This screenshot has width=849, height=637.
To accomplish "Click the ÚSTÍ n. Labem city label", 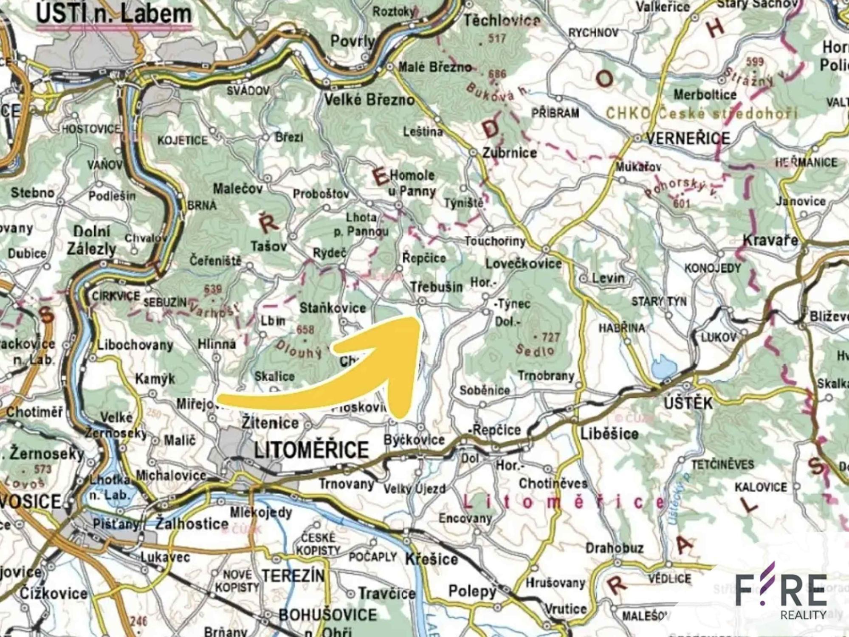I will point(113,14).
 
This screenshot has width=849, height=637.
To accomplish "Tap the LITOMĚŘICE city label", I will point(311,450).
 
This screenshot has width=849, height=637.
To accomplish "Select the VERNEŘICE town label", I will point(688,138).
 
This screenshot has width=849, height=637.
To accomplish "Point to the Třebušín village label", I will point(437,287).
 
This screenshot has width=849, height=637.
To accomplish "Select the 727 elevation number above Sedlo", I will point(550,338).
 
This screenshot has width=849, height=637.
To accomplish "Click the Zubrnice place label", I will point(509,153).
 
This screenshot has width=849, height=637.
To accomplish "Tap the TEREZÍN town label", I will point(293,576).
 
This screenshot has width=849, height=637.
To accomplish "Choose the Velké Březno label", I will point(369,100).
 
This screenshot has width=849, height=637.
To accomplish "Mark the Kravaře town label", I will point(770,240).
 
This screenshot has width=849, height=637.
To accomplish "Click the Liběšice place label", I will point(609,434).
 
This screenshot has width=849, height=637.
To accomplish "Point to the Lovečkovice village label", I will point(523,264).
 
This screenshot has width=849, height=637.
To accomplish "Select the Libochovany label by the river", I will point(135,345).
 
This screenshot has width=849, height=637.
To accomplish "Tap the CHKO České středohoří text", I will point(701,113).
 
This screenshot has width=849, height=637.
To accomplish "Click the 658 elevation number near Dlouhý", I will point(305,330).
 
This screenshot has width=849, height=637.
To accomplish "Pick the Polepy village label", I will point(472,591).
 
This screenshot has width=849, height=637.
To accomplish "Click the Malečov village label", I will point(237,189).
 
